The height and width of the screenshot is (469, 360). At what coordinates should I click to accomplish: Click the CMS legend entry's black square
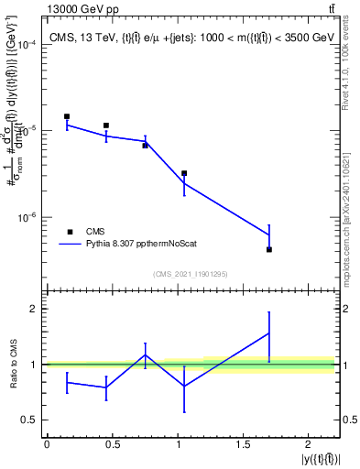(x=69, y=232)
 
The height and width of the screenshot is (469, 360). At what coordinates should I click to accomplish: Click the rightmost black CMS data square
(x=269, y=249)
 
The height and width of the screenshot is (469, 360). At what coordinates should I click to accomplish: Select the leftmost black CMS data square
(x=67, y=116)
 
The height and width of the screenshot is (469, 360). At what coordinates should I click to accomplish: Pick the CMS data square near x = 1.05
(x=184, y=172)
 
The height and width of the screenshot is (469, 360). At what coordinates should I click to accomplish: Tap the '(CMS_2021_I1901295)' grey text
(x=191, y=274)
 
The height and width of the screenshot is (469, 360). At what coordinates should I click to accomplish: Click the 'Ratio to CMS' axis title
(x=12, y=364)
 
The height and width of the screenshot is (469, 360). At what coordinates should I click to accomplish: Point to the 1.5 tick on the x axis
(x=244, y=444)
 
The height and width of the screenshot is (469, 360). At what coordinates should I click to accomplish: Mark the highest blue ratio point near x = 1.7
(x=269, y=333)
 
